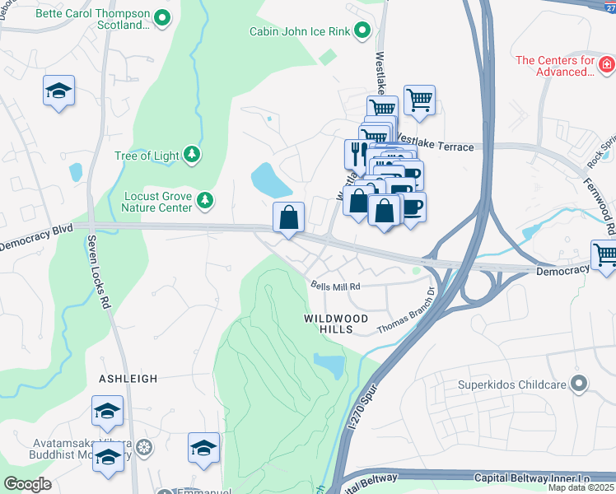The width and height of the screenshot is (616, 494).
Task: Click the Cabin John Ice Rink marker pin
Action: pyautogui.click(x=362, y=32)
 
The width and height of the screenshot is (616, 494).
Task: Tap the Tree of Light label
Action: pyautogui.click(x=147, y=156)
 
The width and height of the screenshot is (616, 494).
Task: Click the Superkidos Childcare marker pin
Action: pyautogui.click(x=580, y=384)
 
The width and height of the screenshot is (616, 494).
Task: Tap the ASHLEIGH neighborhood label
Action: pyautogui.click(x=128, y=379)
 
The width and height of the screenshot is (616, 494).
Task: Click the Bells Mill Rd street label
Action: pyautogui.click(x=336, y=287)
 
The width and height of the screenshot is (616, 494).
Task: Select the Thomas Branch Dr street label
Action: pyautogui.click(x=405, y=315)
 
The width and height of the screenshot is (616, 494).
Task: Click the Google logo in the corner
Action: pyautogui.click(x=27, y=484)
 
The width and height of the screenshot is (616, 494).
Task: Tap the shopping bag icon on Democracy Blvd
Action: pyautogui.click(x=289, y=218)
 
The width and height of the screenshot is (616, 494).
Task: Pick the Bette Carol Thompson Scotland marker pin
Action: pyautogui.click(x=162, y=16)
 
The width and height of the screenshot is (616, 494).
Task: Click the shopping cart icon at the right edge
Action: pyautogui.click(x=605, y=254)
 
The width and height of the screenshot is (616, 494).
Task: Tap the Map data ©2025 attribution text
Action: pyautogui.click(x=581, y=487)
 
